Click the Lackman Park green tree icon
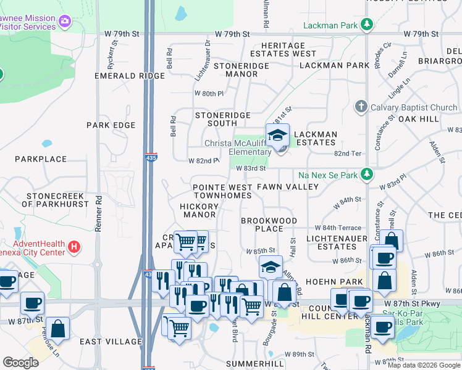[367, 25]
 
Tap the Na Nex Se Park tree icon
[367, 175]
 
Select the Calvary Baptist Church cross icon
[361, 107]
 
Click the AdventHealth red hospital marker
[74, 247]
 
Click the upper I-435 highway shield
[150, 157]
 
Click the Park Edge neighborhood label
[111, 125]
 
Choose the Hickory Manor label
[199, 210]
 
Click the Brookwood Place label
[269, 224]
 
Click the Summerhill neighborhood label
[254, 364]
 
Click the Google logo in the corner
[20, 363]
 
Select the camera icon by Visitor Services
[64, 23]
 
